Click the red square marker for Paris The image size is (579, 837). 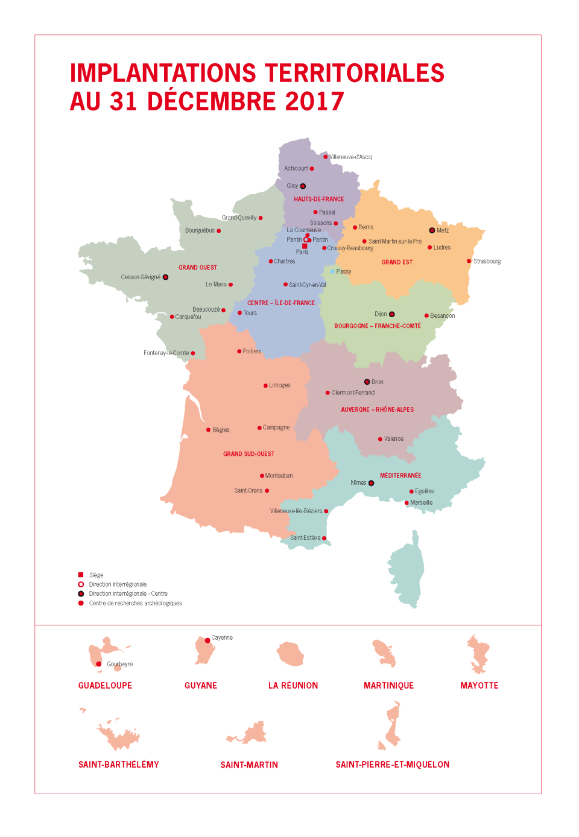(x=305, y=246)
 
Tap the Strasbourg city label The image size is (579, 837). (x=487, y=261)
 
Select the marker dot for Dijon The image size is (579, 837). (x=392, y=314)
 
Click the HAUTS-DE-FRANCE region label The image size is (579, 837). (x=318, y=199)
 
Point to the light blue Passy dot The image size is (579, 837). (x=332, y=271)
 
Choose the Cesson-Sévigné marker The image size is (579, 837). (x=165, y=277)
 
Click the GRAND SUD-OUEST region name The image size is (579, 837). (x=248, y=454)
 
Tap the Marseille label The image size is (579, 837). (x=421, y=502)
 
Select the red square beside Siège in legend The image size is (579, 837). (x=81, y=575)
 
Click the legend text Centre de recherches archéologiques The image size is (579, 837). (x=135, y=603)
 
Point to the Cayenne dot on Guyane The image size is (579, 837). (x=207, y=640)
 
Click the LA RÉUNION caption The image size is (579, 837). (x=293, y=686)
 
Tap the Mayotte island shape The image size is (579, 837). (x=479, y=654)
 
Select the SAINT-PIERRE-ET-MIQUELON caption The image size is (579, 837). (x=392, y=765)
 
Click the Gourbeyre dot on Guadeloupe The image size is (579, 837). (x=99, y=664)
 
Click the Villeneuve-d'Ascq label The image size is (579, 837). (x=350, y=157)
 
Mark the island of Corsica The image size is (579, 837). (x=407, y=570)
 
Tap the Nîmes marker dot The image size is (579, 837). (x=371, y=483)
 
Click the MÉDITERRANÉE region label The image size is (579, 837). (x=400, y=475)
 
